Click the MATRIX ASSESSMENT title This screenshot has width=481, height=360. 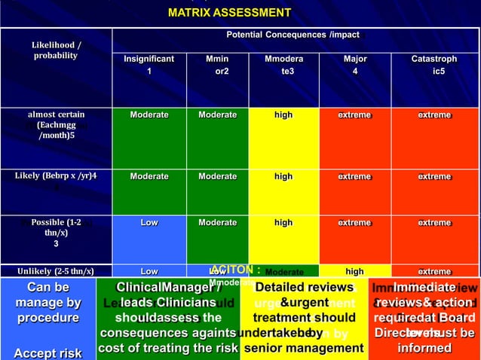pos(228,13)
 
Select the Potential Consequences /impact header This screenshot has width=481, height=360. pos(293,35)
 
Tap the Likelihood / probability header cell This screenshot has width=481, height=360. pos(56,50)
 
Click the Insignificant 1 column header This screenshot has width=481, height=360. pos(149,65)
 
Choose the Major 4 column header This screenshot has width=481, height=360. pos(354,65)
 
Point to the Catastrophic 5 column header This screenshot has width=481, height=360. pos(434,65)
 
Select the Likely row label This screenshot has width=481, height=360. pos(56,176)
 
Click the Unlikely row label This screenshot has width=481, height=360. pos(56,271)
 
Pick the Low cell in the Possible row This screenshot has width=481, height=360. pos(149,223)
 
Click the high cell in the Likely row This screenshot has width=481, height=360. pos(283,176)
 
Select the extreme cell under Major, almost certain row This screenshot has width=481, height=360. pos(354,115)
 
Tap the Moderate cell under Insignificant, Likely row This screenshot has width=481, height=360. pos(149,176)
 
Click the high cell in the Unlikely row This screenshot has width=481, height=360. pos(354,271)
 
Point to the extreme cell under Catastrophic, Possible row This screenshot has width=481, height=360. pos(434,223)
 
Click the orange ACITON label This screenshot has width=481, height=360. pos(236,268)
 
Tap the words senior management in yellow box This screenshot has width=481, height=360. pos(302,347)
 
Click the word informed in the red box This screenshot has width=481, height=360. pos(424,347)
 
